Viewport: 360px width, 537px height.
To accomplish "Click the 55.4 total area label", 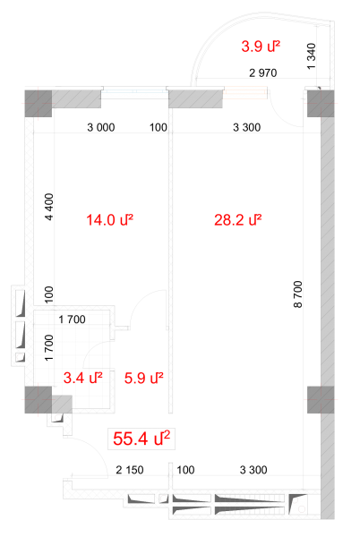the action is [141, 439].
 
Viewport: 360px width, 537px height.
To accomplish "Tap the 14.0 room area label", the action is [109, 220].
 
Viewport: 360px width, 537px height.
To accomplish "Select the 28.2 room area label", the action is [238, 220].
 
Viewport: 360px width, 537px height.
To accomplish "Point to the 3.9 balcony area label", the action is [261, 47].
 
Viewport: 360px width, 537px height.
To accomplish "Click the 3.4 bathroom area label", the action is [83, 378].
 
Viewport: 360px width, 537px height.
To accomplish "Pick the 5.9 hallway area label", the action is [143, 378].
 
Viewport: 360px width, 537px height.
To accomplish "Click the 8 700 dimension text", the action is [298, 294].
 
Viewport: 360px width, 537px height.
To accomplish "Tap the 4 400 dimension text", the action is [49, 207].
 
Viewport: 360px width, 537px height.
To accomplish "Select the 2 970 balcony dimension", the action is [262, 73].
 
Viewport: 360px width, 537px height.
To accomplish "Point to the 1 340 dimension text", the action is [312, 56].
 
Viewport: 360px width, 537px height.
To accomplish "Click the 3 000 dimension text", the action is [101, 127].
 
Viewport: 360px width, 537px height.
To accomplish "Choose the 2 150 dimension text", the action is [130, 470].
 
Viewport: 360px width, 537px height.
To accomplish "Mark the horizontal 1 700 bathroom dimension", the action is [72, 320].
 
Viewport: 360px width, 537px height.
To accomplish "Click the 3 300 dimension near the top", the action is [246, 127].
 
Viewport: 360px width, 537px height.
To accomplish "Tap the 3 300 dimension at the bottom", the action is [253, 470].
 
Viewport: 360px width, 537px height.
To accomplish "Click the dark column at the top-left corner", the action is [39, 104].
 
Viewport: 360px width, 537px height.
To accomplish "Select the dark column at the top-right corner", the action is [321, 104].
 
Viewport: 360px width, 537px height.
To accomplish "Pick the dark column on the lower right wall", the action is [321, 400].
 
